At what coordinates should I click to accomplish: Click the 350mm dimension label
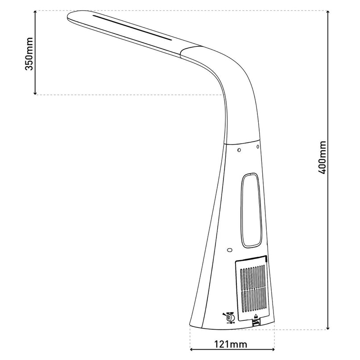(x=29, y=53)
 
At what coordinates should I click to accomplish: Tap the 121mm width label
(x=232, y=345)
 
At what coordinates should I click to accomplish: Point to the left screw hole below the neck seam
(x=240, y=149)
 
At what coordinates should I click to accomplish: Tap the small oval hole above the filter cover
(x=229, y=251)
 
